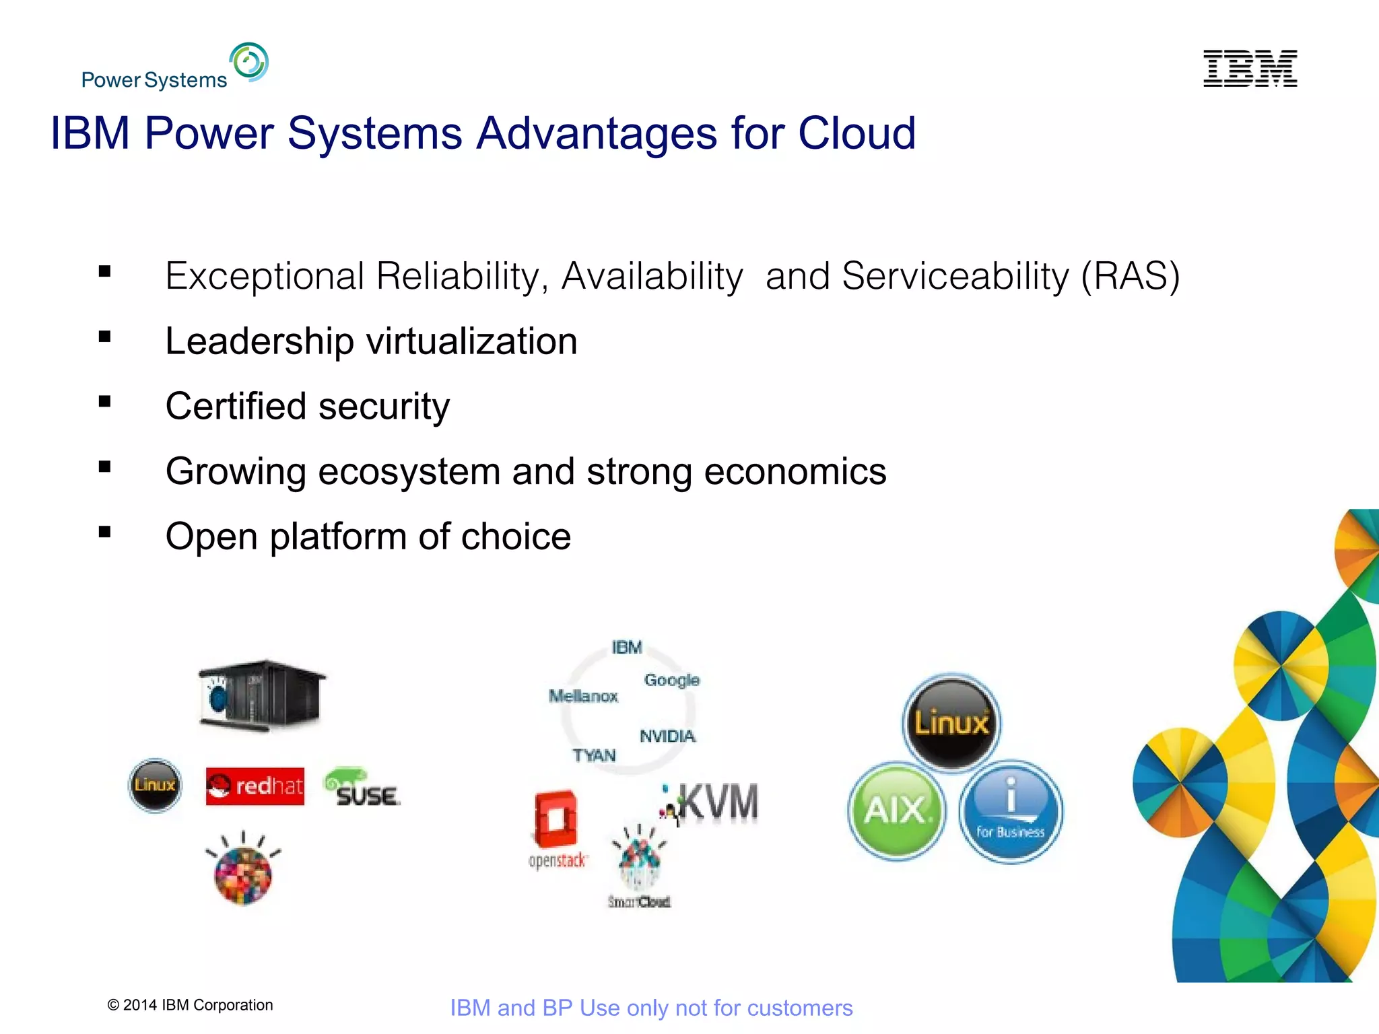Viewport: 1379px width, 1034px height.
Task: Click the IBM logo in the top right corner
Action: pos(1250,68)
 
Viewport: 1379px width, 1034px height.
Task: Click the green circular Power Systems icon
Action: pos(248,62)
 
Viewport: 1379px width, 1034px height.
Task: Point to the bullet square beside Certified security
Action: pos(104,402)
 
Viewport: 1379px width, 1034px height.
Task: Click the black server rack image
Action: pos(261,695)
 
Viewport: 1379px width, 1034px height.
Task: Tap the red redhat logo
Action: pos(255,786)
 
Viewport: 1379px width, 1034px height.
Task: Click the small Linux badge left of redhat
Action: pos(155,785)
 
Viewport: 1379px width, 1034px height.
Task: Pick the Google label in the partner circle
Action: pos(671,680)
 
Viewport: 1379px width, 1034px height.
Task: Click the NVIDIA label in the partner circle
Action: pos(667,736)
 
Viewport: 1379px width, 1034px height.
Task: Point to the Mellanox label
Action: pos(583,696)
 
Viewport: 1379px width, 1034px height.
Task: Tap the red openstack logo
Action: pos(556,828)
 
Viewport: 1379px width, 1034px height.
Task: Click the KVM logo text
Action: pos(718,802)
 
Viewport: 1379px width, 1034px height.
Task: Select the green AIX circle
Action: pos(896,811)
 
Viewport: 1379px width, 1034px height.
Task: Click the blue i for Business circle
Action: pos(1010,812)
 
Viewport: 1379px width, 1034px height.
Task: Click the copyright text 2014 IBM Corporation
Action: pos(191,1005)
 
